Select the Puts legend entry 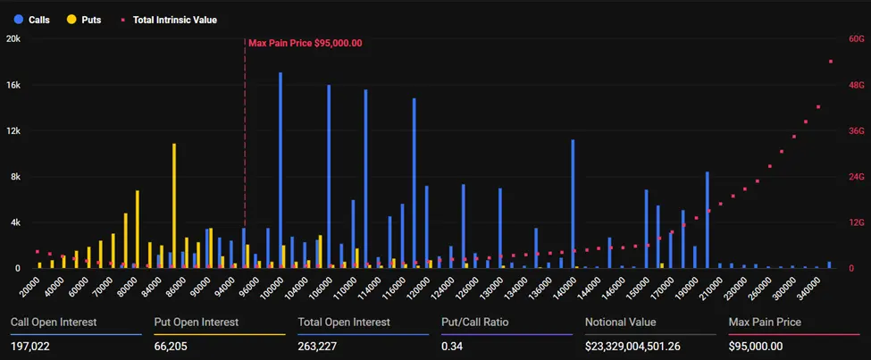[83, 19]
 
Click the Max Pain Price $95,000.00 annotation [305, 43]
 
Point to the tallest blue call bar [281, 170]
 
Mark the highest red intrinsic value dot [830, 62]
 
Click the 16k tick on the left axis [13, 85]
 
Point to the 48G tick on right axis [855, 85]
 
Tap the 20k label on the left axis [13, 39]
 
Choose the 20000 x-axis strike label [29, 288]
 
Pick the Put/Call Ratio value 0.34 [452, 347]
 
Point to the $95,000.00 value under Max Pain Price [756, 347]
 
